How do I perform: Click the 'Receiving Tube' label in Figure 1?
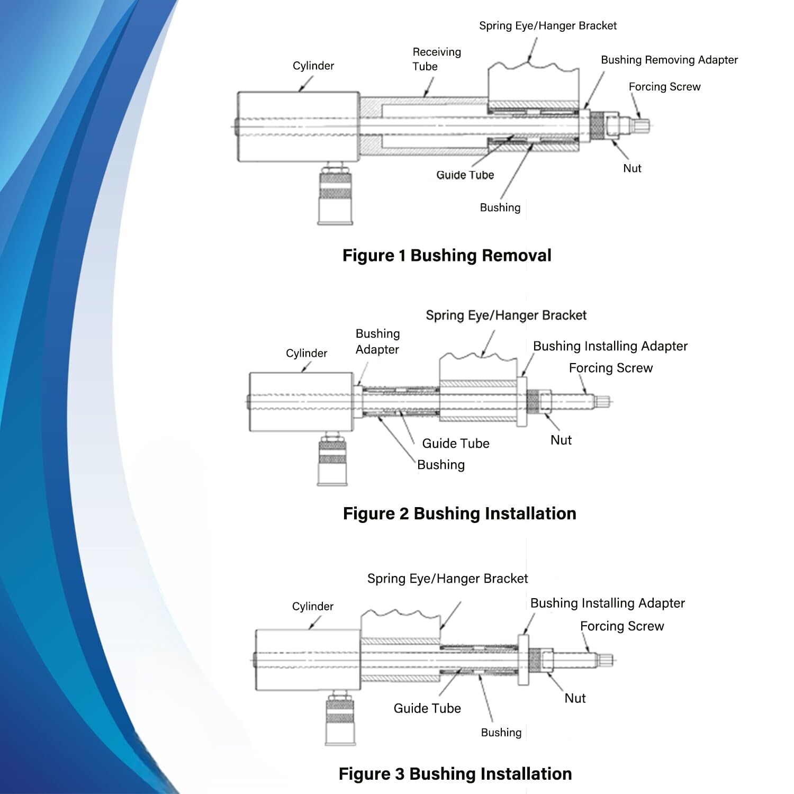pyautogui.click(x=436, y=59)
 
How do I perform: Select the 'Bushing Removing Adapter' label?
pyautogui.click(x=669, y=60)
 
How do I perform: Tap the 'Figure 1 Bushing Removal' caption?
pyautogui.click(x=447, y=256)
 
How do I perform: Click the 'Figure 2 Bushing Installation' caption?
pyautogui.click(x=459, y=513)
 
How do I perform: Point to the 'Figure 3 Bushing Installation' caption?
pyautogui.click(x=455, y=773)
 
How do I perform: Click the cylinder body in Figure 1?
pyautogui.click(x=299, y=127)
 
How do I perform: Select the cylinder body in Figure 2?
pyautogui.click(x=301, y=402)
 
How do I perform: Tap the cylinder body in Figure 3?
pyautogui.click(x=308, y=660)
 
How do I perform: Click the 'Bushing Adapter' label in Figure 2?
pyautogui.click(x=377, y=341)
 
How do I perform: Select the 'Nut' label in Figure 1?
pyautogui.click(x=632, y=168)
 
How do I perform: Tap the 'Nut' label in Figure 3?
pyautogui.click(x=575, y=698)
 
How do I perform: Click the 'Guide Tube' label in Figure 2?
pyautogui.click(x=455, y=444)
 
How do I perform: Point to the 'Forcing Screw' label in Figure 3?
pyautogui.click(x=621, y=626)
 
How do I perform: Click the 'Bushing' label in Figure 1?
pyautogui.click(x=500, y=207)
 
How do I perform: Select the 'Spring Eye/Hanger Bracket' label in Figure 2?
pyautogui.click(x=506, y=315)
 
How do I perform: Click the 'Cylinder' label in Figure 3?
pyautogui.click(x=312, y=607)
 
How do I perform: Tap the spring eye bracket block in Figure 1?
pyautogui.click(x=533, y=85)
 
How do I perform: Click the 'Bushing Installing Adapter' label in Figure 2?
pyautogui.click(x=610, y=346)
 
